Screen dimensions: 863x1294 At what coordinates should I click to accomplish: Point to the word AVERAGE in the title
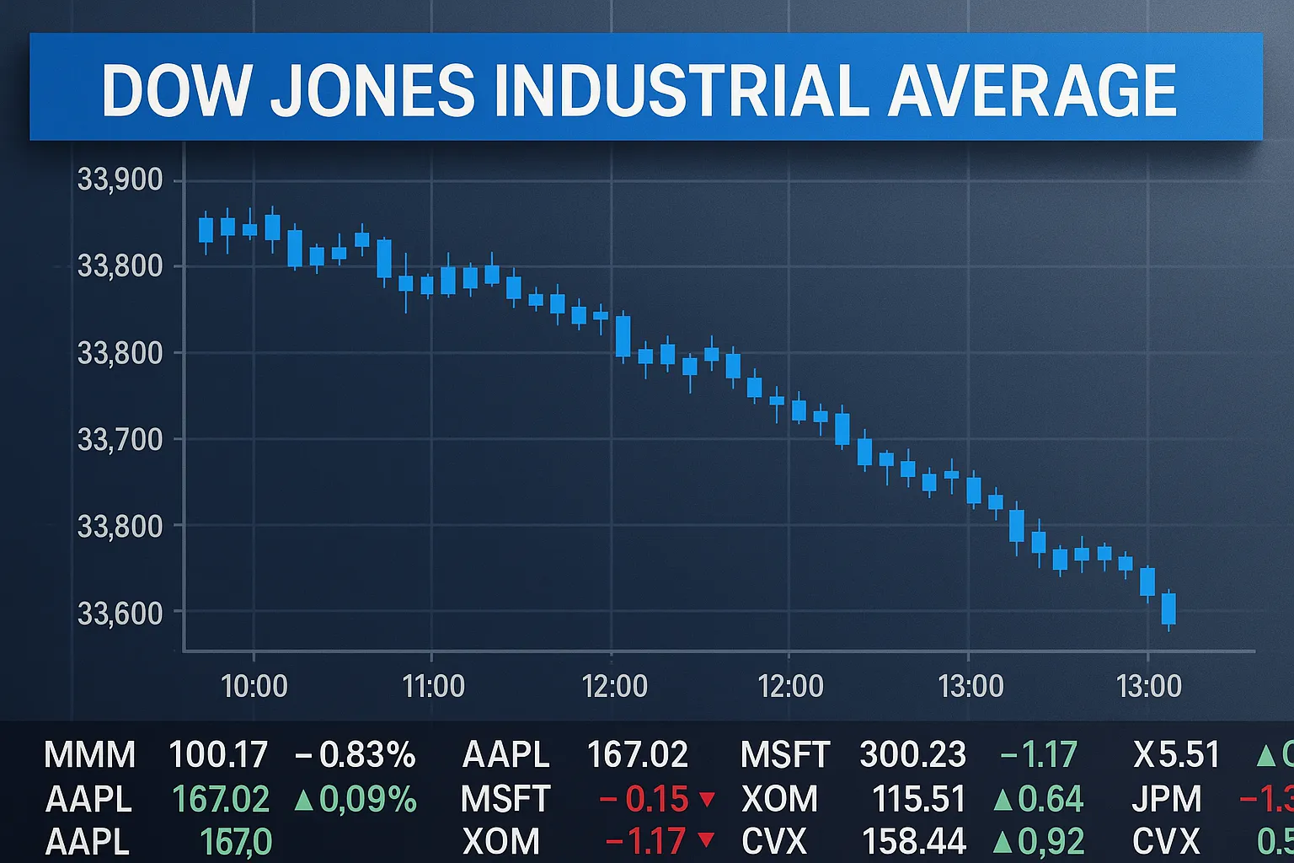[1032, 90]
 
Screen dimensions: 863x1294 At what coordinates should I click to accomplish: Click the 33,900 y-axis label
[120, 180]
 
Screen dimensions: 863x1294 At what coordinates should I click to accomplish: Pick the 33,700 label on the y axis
[120, 439]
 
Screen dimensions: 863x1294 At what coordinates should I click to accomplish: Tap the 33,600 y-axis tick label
[120, 613]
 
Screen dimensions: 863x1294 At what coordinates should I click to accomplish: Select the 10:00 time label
[254, 686]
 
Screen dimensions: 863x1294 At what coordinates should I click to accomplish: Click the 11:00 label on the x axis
[433, 686]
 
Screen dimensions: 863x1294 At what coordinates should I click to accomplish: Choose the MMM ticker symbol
[89, 755]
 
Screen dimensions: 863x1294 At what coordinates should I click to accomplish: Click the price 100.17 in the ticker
[217, 755]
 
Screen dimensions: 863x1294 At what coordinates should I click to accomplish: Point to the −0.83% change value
[355, 755]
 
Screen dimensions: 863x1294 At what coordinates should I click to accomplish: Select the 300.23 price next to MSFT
[912, 755]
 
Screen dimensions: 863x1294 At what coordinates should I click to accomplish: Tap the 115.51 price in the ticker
[918, 799]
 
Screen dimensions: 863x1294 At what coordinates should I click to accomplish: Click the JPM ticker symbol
[1167, 799]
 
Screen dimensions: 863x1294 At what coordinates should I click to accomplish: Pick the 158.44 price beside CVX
[914, 842]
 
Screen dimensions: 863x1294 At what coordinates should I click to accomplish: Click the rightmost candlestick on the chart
[1168, 608]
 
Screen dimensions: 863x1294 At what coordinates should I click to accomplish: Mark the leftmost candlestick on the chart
[206, 229]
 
